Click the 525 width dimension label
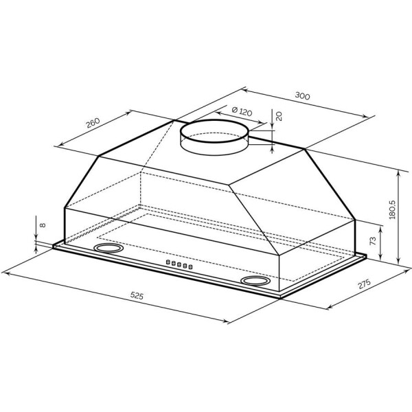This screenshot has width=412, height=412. click(137, 296)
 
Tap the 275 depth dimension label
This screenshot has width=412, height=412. click(364, 284)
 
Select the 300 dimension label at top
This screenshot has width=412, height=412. click(302, 95)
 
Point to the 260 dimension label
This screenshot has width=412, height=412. click(93, 123)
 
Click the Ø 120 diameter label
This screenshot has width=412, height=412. click(242, 112)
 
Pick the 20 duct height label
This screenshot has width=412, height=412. click(279, 116)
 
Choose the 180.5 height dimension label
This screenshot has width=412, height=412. click(392, 209)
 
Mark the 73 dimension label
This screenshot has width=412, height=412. click(373, 241)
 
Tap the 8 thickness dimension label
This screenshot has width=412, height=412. click(43, 225)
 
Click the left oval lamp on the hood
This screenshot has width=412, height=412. click(108, 248)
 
